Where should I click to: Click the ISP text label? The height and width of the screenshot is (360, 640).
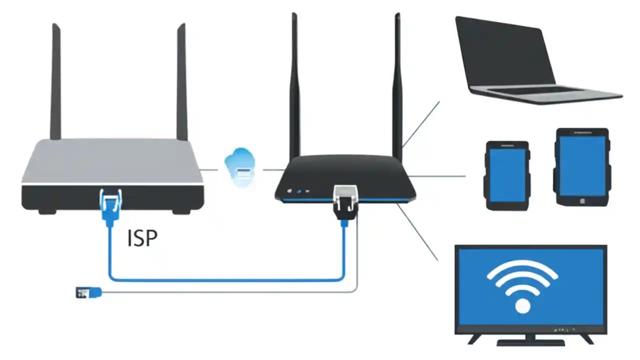tap(142, 238)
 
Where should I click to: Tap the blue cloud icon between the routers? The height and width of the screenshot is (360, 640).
tap(240, 167)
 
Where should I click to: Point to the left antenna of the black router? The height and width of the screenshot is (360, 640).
tap(295, 85)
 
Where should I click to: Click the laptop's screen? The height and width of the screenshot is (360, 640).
tap(505, 52)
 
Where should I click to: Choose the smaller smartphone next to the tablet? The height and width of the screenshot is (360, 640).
tap(507, 175)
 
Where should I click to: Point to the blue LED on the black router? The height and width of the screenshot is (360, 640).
tap(298, 191)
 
